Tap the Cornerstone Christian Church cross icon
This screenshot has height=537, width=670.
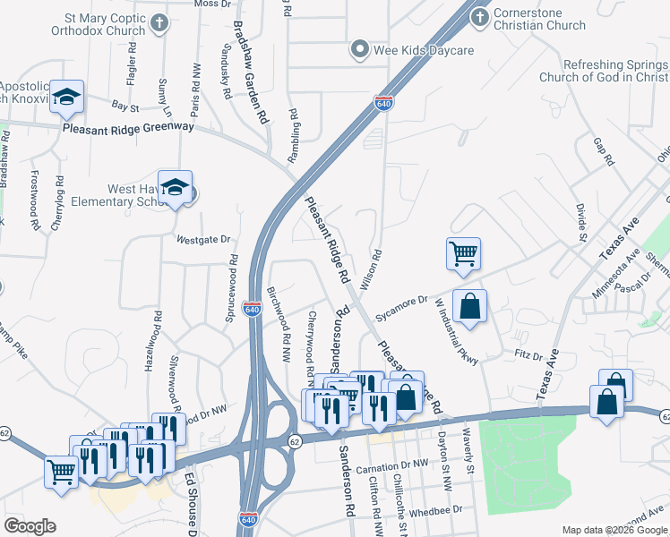(479, 17)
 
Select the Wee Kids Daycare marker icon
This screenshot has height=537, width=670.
(360, 50)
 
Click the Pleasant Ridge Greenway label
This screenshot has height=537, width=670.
(128, 128)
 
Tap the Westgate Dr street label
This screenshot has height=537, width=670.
(203, 240)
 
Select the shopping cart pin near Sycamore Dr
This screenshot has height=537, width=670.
(463, 253)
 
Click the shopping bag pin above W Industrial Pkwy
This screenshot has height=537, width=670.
(469, 306)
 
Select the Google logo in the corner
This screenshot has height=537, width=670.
(30, 525)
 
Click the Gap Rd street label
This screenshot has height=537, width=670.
(604, 151)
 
